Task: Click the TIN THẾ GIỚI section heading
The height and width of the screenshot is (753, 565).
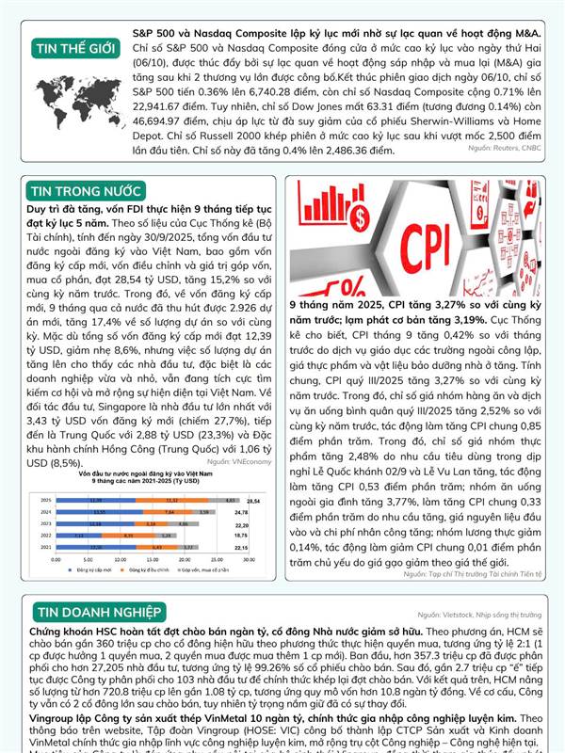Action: coord(71,49)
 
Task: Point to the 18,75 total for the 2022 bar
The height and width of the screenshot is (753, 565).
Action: coord(253,536)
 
